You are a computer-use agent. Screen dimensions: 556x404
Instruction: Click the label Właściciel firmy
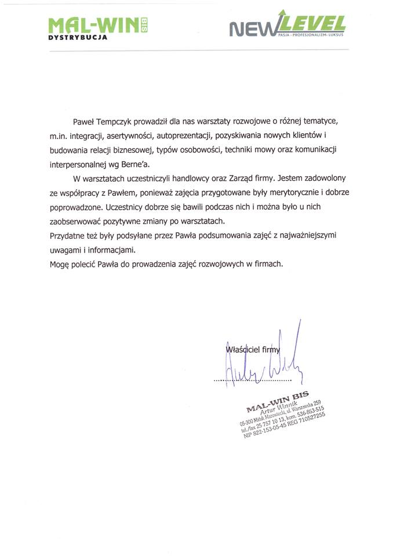coord(252,349)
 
